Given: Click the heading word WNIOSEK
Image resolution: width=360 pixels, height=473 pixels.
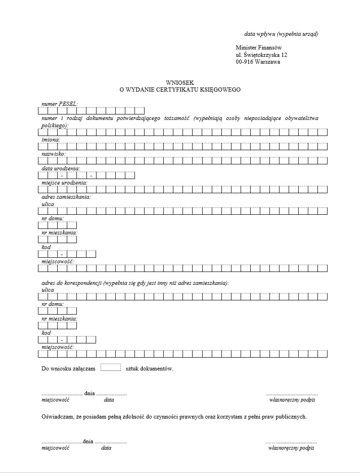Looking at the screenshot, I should point(180,83).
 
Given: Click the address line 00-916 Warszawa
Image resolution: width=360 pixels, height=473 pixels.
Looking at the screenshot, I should point(258,62).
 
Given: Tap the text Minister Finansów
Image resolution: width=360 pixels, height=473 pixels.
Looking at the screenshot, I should point(258,48).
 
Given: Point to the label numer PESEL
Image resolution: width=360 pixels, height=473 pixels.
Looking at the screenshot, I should point(59,104).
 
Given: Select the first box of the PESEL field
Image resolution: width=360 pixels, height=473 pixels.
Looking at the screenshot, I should point(43,110).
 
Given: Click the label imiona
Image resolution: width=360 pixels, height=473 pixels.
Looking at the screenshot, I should point(51,140).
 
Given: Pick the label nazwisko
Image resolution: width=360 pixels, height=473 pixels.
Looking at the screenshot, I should point(53,154).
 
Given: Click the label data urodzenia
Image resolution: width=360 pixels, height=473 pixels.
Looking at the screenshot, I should point(60,169).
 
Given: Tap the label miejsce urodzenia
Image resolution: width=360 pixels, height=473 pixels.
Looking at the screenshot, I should point(64,183).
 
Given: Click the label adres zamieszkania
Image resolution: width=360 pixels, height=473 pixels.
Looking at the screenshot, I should point(66,197).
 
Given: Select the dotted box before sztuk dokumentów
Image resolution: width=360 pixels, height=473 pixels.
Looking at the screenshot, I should point(110,367).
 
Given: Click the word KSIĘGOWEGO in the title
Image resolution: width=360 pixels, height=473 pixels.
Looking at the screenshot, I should point(220,90).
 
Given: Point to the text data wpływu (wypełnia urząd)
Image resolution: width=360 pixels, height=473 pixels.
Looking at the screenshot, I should point(281,34).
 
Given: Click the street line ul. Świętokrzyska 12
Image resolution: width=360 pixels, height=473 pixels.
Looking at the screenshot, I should point(262,55).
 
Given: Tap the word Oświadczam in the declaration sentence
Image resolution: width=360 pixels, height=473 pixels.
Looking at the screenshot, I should point(57,417).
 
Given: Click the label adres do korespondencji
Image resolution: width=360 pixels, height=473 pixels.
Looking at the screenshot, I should point(71,283).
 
